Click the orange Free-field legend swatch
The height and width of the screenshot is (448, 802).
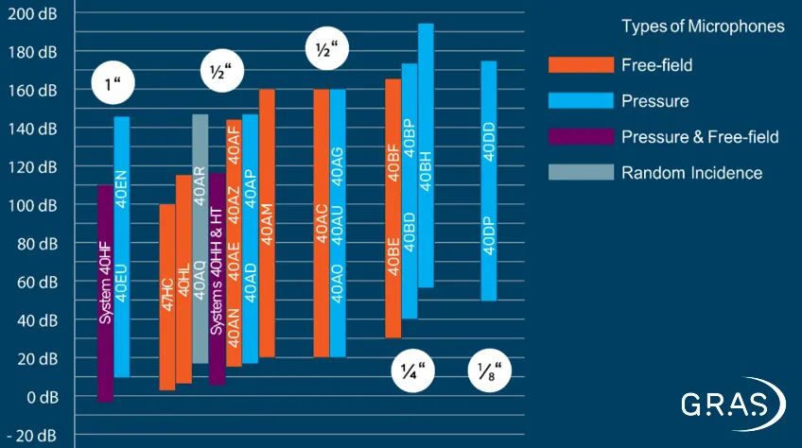click(581, 65)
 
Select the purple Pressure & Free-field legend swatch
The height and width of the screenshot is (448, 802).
click(581, 137)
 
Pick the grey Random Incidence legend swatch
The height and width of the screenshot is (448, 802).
click(581, 173)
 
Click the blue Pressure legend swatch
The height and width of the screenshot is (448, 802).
click(581, 101)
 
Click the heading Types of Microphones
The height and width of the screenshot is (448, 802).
click(703, 26)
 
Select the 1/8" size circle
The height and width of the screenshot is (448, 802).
click(489, 371)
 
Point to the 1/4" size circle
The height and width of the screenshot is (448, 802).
click(412, 371)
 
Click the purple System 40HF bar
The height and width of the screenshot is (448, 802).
click(105, 293)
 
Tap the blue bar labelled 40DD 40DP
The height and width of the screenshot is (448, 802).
click(488, 181)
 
